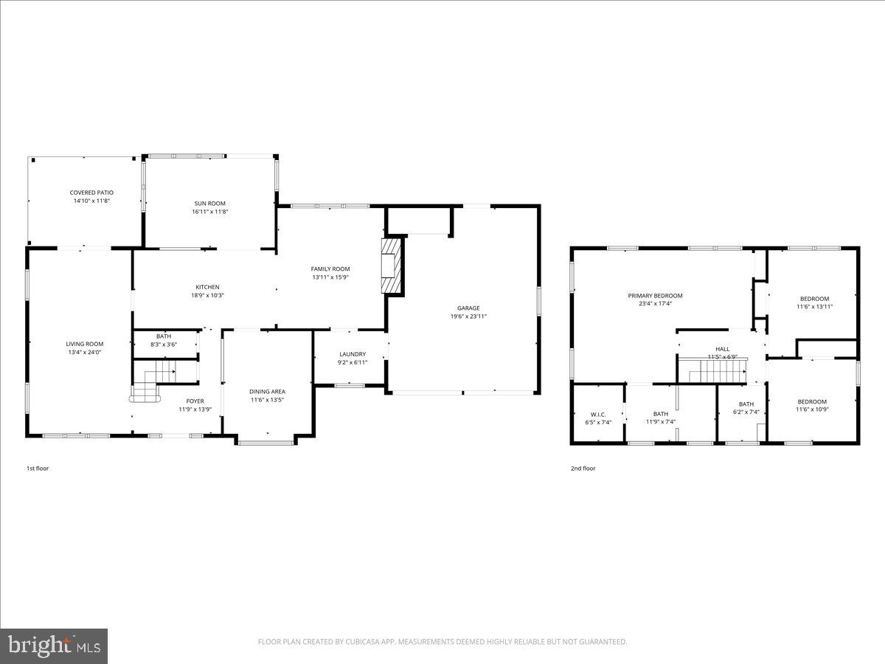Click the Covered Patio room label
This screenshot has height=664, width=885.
[91, 193]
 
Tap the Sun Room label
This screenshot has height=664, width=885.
[209, 204]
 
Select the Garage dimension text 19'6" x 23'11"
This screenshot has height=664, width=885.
[468, 317]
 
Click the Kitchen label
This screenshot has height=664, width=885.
[207, 287]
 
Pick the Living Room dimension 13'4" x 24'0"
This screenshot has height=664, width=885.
[84, 352]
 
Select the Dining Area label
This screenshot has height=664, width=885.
[267, 392]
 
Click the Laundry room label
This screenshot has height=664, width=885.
[353, 354]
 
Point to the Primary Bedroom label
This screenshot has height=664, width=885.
[655, 296]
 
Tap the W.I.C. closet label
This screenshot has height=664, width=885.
[597, 414]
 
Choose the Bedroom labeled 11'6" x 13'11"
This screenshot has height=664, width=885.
[814, 299]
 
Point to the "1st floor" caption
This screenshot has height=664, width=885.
[38, 468]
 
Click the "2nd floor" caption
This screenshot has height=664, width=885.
[583, 468]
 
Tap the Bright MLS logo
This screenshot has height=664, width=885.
[54, 646]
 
